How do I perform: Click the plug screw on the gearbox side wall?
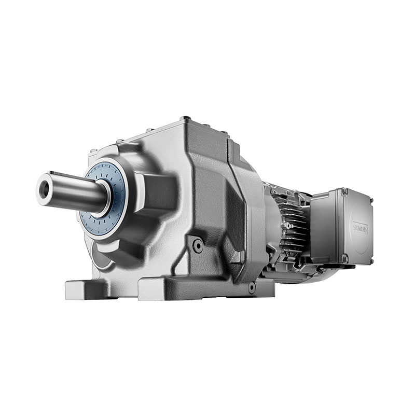click(x=197, y=245)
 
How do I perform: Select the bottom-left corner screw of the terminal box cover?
click(x=344, y=258)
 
